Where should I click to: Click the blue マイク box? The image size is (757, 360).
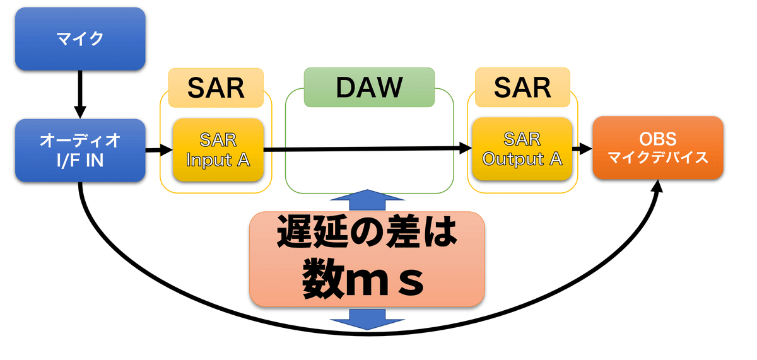click(x=80, y=39)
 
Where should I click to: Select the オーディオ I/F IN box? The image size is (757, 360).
click(x=80, y=150)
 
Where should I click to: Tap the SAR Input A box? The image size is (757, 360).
click(x=218, y=149)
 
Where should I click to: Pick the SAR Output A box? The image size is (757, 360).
click(x=522, y=149)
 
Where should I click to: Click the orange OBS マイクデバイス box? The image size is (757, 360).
click(x=658, y=148)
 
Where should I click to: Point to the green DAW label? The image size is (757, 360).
click(x=370, y=87)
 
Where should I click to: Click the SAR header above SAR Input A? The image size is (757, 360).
click(x=216, y=88)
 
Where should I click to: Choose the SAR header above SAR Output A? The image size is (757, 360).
click(x=522, y=87)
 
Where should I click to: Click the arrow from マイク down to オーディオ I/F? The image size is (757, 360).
click(x=80, y=94)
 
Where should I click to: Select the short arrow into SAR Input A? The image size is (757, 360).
click(x=159, y=150)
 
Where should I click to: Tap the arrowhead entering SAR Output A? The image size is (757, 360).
click(x=466, y=148)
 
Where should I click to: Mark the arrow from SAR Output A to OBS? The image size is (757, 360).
click(x=582, y=148)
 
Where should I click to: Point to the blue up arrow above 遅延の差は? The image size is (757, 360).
click(x=367, y=200)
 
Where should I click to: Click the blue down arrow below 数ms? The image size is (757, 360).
click(x=367, y=319)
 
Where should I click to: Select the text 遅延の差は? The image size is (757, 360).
click(x=367, y=232)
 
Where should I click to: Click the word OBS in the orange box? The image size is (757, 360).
click(x=657, y=139)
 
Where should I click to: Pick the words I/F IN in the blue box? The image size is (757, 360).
click(x=80, y=160)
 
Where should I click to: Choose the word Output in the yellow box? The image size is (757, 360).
click(x=513, y=159)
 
